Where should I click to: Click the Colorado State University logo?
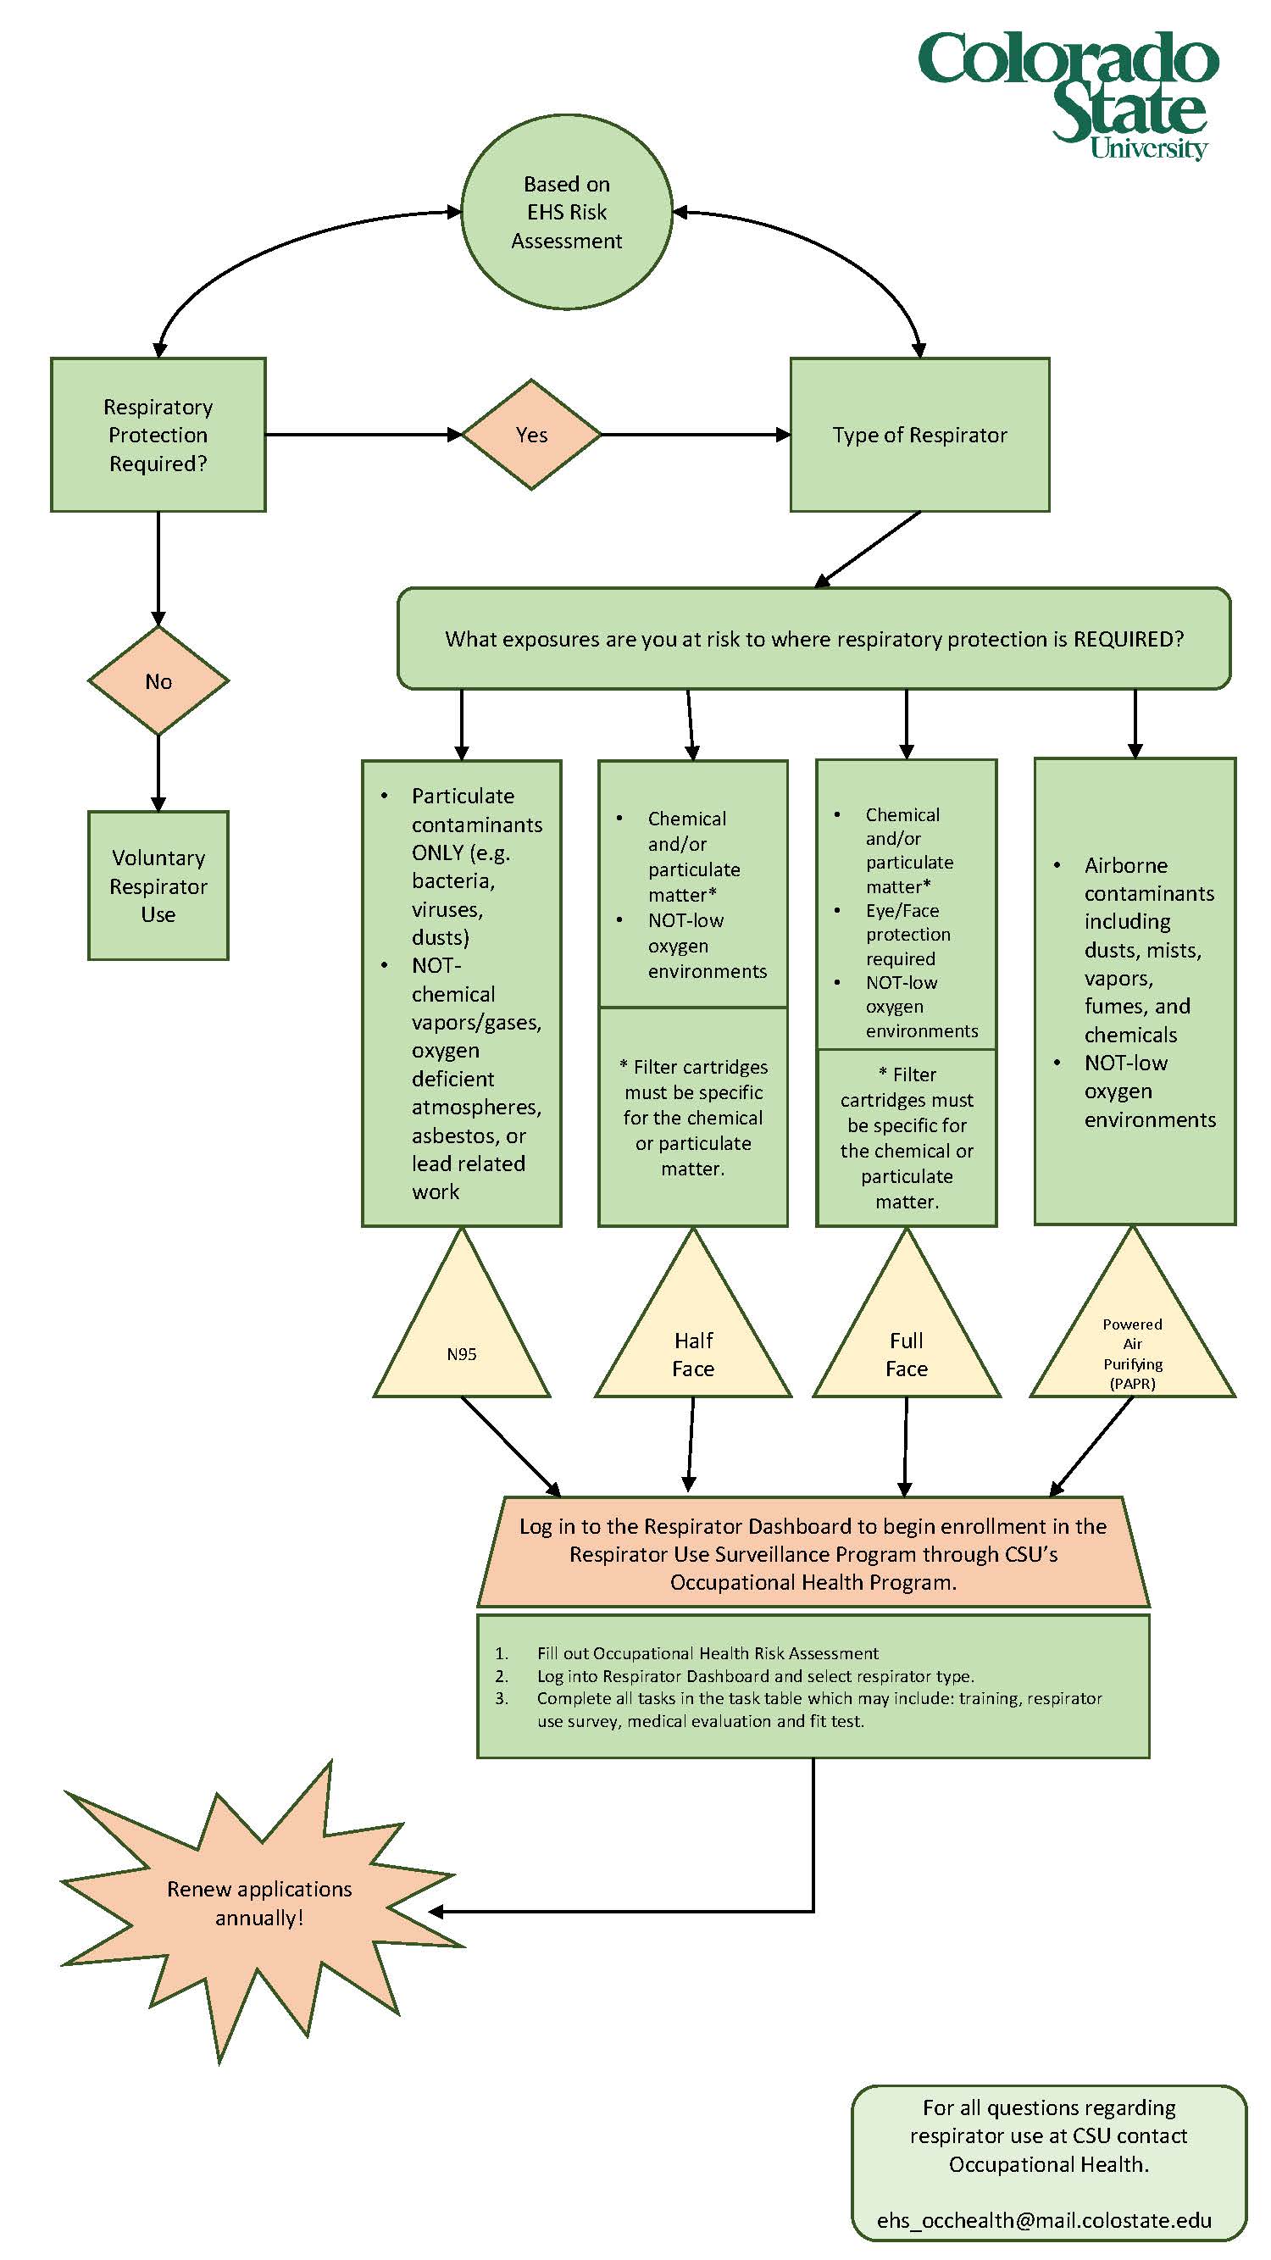pyautogui.click(x=1068, y=95)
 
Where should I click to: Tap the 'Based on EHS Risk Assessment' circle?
pyautogui.click(x=566, y=213)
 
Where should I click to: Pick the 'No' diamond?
pyautogui.click(x=158, y=681)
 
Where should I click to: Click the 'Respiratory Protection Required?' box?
pyautogui.click(x=158, y=436)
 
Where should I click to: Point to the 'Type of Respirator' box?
pyautogui.click(x=919, y=436)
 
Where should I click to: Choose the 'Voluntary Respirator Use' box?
pyautogui.click(x=158, y=886)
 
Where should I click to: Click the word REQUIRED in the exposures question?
pyautogui.click(x=1127, y=640)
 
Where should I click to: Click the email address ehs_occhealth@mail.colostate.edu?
pyautogui.click(x=1044, y=2220)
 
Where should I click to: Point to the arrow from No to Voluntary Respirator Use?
pyautogui.click(x=158, y=772)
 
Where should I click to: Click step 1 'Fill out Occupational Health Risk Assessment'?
pyautogui.click(x=707, y=1654)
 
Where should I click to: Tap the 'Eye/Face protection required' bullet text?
pyautogui.click(x=907, y=935)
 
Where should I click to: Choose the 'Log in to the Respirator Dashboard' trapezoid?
pyautogui.click(x=813, y=1554)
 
